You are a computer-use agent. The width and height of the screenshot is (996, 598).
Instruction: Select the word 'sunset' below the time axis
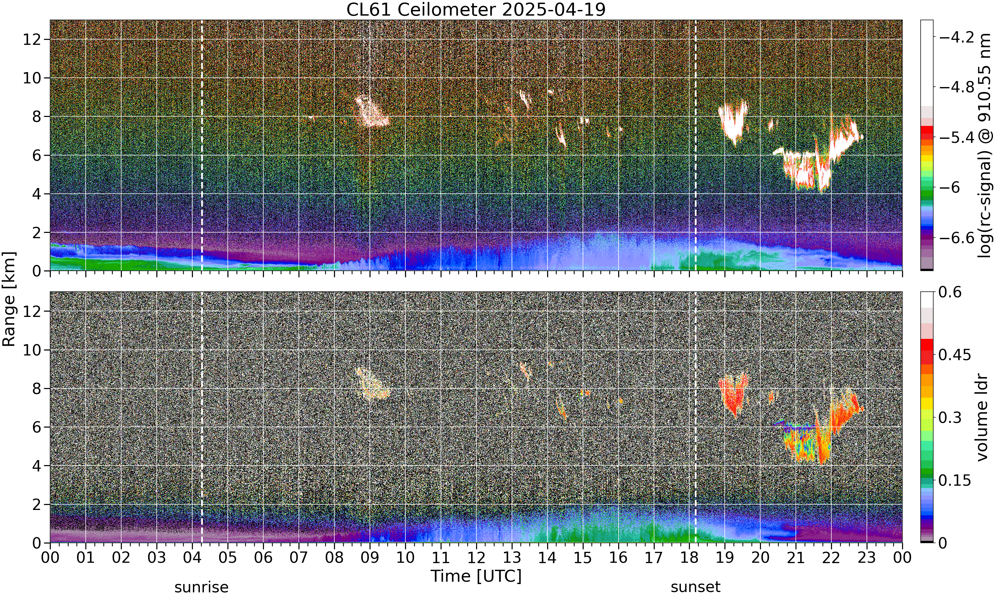pyautogui.click(x=695, y=587)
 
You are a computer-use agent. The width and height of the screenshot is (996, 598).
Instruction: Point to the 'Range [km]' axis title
pyautogui.click(x=9, y=299)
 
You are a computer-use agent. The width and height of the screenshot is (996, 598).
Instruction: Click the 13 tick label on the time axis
pyautogui.click(x=512, y=558)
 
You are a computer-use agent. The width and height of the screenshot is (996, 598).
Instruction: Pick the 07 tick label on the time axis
pyautogui.click(x=299, y=558)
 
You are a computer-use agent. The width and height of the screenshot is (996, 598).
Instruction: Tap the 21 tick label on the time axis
pyautogui.click(x=796, y=558)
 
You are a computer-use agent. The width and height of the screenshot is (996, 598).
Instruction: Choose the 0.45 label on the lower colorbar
pyautogui.click(x=954, y=355)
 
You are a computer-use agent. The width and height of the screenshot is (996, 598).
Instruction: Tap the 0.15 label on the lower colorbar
pyautogui.click(x=954, y=480)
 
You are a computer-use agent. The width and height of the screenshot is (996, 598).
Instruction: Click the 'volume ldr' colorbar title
pyautogui.click(x=982, y=418)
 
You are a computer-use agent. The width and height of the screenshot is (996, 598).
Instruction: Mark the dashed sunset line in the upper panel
pyautogui.click(x=695, y=146)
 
